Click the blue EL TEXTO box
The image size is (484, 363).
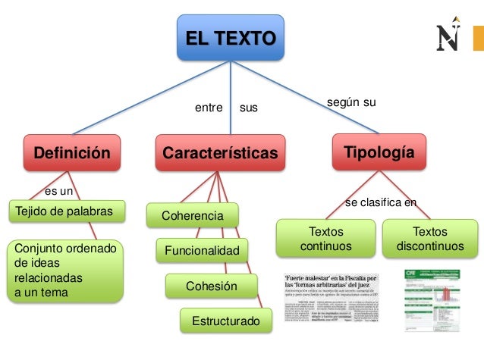tap(231, 37)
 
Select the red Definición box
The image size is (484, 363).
tap(72, 153)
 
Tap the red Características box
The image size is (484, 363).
tap(220, 153)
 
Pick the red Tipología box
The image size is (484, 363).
tap(379, 152)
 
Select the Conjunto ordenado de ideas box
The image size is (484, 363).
tap(64, 271)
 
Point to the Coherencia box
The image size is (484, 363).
tap(192, 216)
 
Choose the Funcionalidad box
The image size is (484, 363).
tap(202, 249)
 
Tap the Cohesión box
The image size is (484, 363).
tap(212, 286)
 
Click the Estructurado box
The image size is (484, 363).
tap(225, 321)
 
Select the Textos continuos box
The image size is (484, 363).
tap(325, 239)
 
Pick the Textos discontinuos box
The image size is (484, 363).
tap(429, 239)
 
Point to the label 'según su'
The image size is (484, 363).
tap(351, 102)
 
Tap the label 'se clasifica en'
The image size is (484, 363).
tap(381, 202)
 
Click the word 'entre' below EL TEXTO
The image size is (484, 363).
tap(209, 108)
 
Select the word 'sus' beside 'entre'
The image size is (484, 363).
tap(249, 108)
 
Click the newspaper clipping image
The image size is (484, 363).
tap(332, 299)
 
